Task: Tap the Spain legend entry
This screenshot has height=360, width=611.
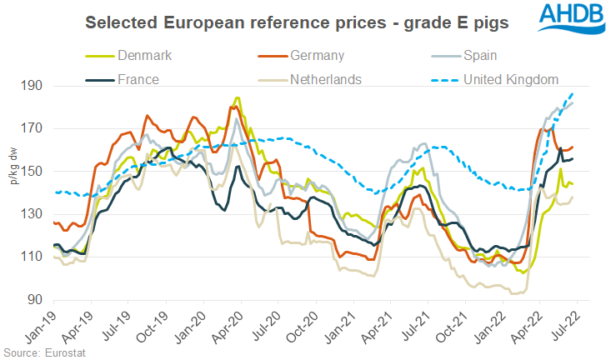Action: click(x=478, y=56)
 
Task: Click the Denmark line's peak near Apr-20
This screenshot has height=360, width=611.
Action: click(x=238, y=98)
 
